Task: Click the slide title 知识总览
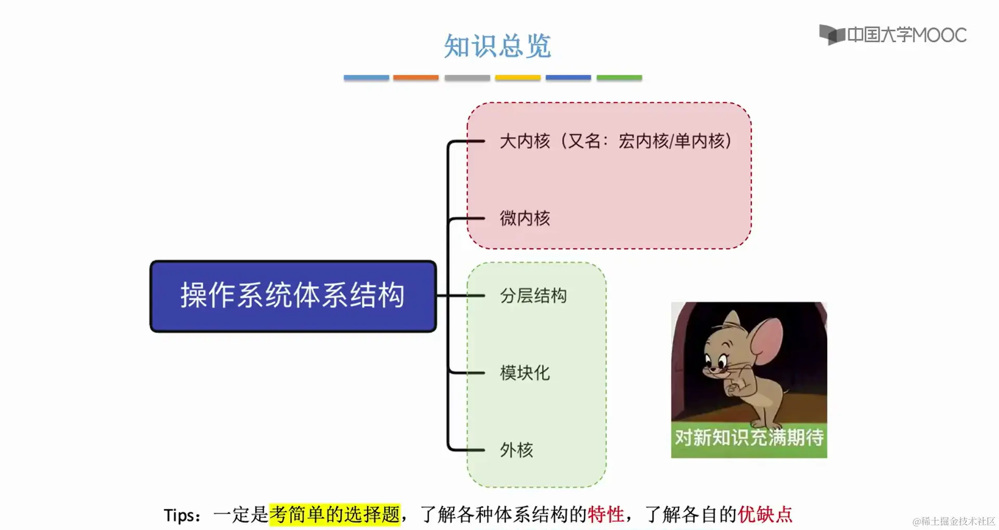[x=497, y=46]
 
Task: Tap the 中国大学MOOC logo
[x=893, y=35]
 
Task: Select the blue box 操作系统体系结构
[x=293, y=296]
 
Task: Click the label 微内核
[x=524, y=218]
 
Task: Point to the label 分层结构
[x=533, y=296]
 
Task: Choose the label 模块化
[x=524, y=373]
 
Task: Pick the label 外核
[x=516, y=450]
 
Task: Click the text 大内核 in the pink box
[x=524, y=141]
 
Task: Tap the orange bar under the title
[x=416, y=78]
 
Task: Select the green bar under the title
[x=619, y=78]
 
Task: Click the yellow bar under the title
[x=518, y=78]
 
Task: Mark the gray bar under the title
[x=467, y=78]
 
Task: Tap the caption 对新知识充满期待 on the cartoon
[x=749, y=438]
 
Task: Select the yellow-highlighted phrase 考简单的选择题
[x=335, y=514]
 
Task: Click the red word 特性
[x=606, y=514]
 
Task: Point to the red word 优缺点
[x=765, y=514]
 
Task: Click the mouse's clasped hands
[x=734, y=388]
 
